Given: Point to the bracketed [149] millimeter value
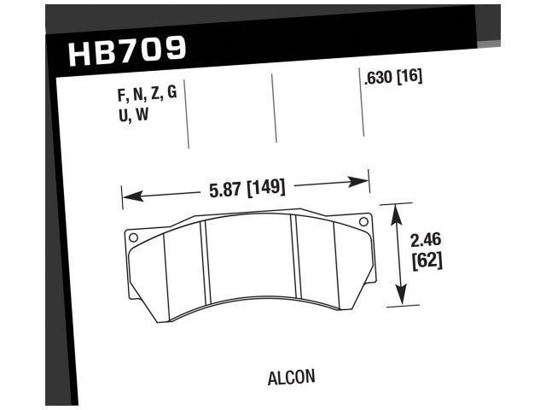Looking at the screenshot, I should pos(265,188).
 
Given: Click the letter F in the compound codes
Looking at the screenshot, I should pos(121,94).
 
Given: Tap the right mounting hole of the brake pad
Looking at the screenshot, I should pos(363,223).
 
